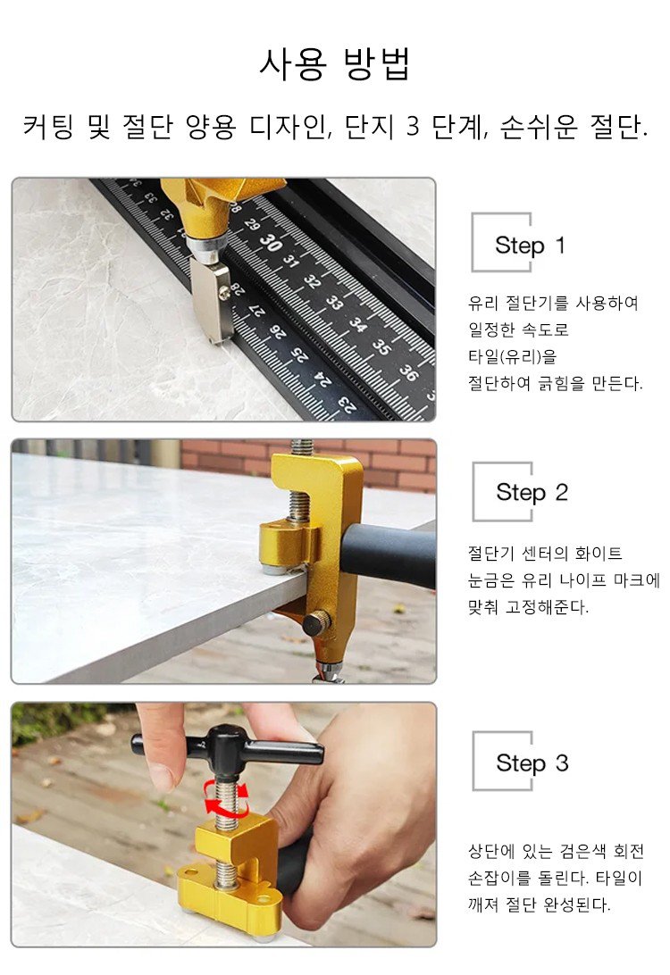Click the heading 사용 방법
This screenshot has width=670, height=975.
coord(335,64)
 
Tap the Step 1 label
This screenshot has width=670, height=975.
coord(530,245)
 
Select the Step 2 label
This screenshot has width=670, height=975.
coord(532,493)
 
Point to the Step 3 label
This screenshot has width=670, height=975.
coord(532,763)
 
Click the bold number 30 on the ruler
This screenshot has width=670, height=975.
coord(271,242)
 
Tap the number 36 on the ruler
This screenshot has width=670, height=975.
coord(408,371)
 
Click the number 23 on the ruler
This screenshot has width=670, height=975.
coord(348,404)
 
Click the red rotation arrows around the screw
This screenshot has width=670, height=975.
coord(227,798)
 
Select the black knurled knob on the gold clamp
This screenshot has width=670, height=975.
coord(316,622)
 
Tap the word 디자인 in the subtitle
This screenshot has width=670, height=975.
coord(288,127)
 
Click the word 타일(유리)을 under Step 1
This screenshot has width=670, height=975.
coord(512,356)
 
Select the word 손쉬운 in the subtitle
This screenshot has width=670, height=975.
coord(538,127)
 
